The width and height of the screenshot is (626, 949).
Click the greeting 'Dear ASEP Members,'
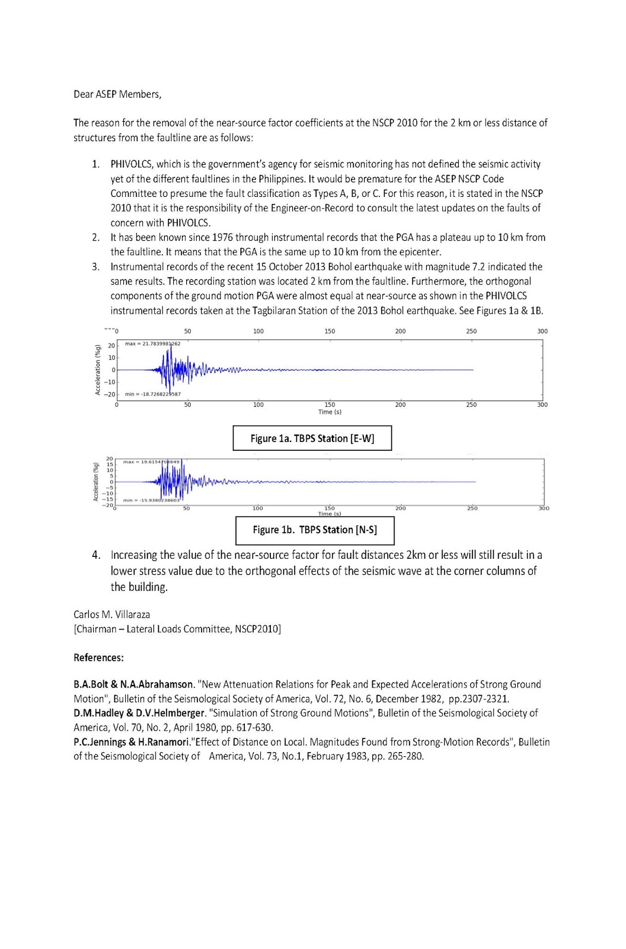pos(117,94)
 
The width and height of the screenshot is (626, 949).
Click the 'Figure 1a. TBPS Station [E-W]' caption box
pos(312,438)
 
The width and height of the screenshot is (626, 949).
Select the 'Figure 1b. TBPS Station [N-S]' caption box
pos(315,530)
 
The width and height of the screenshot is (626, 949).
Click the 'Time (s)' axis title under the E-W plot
pos(330,412)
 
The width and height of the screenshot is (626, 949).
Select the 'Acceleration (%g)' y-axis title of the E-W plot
pos(97,370)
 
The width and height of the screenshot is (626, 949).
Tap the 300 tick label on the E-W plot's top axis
pos(542,331)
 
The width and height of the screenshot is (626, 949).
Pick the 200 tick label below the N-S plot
pos(401,508)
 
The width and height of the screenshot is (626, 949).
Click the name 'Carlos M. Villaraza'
pos(111,614)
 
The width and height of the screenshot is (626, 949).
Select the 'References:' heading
pos(98,657)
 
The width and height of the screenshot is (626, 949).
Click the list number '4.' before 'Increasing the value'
pos(96,556)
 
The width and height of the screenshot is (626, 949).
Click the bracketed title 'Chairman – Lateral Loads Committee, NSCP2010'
pos(177,629)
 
